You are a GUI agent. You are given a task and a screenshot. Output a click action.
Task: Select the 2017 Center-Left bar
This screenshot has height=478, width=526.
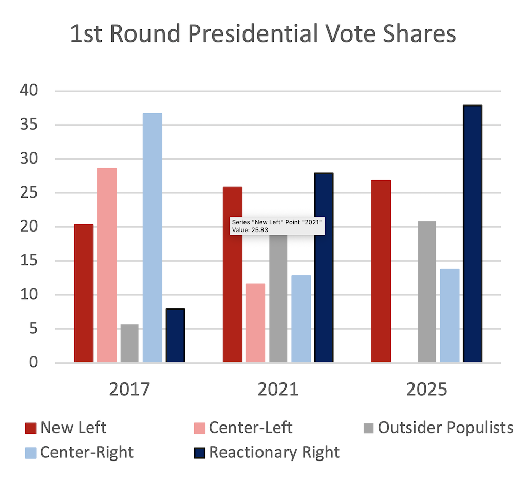107,265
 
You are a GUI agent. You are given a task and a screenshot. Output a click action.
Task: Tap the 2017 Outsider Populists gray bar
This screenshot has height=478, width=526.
129,343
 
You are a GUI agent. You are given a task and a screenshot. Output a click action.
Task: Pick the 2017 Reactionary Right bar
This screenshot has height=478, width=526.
175,335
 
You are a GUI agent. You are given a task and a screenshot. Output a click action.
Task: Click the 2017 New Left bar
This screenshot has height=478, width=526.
84,293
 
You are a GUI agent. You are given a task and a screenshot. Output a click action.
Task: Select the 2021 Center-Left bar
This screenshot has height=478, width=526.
255,323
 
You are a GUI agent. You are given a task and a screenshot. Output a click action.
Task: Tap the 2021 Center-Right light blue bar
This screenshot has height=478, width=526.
301,319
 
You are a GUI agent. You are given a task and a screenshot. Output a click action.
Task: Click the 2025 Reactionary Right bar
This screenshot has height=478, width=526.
473,234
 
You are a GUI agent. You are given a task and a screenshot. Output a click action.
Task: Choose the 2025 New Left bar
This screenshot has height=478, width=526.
381,271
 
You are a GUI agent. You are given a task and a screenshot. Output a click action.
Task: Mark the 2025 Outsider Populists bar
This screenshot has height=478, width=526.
427,292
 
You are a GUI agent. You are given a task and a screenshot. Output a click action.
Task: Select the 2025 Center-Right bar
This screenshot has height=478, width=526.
449,315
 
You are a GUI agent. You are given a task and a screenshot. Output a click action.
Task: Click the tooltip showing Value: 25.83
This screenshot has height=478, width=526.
277,226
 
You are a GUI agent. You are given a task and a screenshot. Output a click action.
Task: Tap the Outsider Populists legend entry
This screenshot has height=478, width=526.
438,427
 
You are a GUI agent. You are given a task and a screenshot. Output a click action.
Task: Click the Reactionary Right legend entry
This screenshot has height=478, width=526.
267,452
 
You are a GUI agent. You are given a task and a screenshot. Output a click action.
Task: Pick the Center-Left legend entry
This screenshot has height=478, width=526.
243,427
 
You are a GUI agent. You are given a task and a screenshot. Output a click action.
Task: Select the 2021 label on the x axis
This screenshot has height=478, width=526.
278,388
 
